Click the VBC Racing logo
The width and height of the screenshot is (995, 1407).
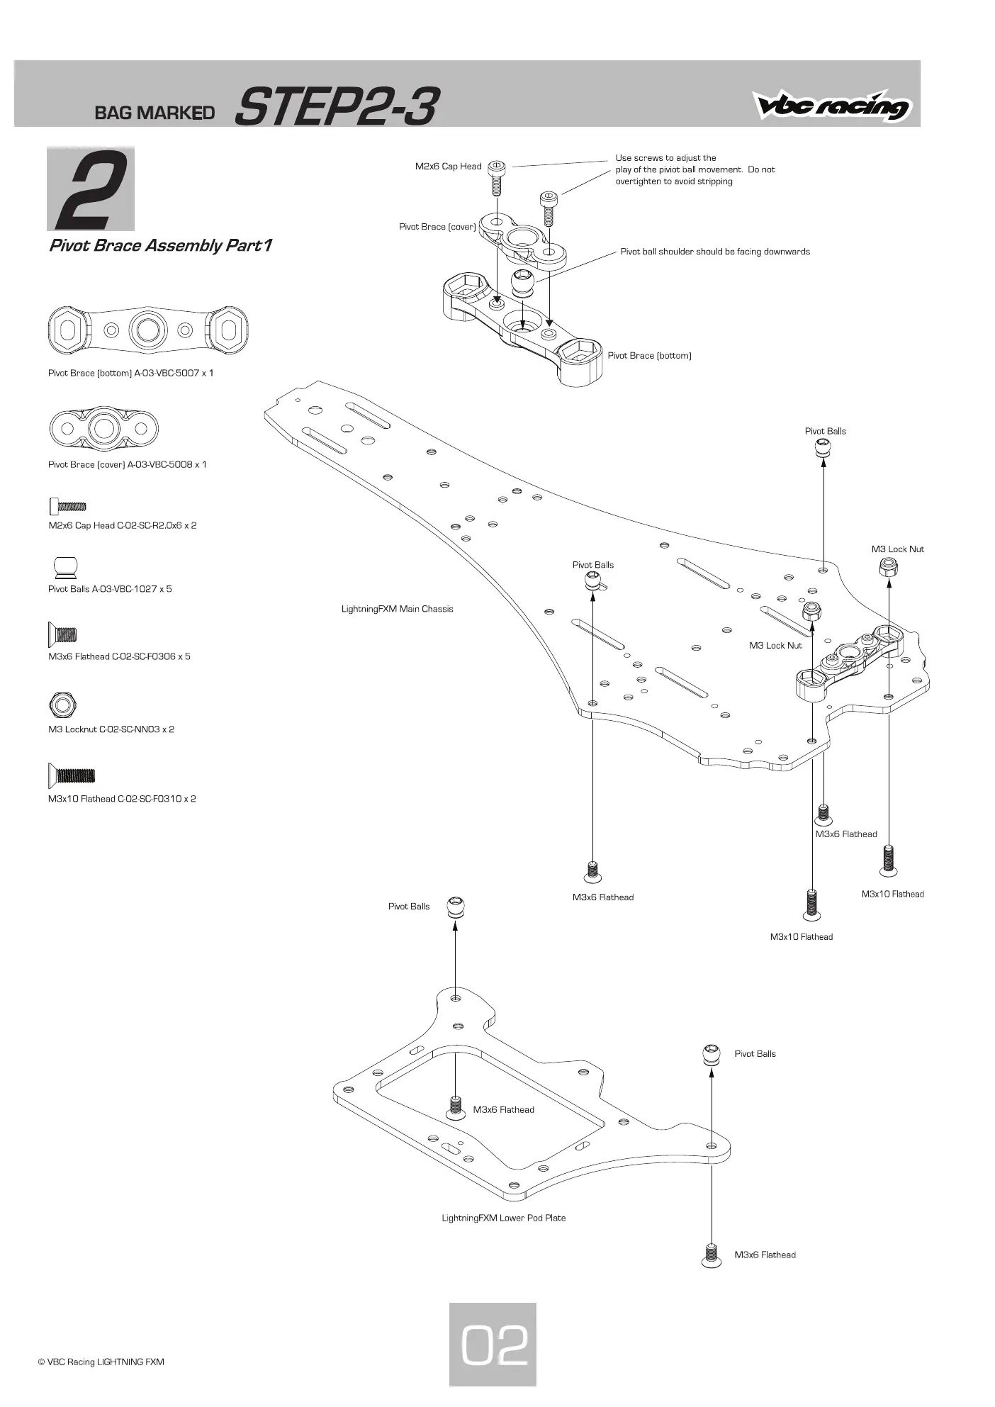click(833, 106)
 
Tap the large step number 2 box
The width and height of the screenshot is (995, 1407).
click(91, 189)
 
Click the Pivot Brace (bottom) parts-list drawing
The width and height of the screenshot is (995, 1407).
click(148, 330)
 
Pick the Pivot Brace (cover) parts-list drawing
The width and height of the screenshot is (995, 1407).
click(104, 428)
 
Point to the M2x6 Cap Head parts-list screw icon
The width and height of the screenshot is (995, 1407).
click(68, 506)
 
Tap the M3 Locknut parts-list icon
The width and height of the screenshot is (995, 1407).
click(62, 705)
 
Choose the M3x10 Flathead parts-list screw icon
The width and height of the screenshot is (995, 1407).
click(71, 775)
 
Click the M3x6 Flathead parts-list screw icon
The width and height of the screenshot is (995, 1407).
click(62, 634)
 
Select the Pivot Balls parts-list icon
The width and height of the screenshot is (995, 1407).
click(64, 568)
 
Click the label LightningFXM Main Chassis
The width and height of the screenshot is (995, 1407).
click(397, 609)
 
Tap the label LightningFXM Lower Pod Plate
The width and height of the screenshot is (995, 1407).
click(503, 1218)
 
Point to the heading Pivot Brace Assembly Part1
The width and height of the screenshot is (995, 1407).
click(160, 245)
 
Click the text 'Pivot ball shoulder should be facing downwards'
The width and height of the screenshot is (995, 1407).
click(715, 252)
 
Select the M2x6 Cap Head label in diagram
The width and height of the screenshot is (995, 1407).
click(448, 167)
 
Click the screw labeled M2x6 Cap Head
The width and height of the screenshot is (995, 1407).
click(497, 177)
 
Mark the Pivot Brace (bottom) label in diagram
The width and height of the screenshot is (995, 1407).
click(649, 356)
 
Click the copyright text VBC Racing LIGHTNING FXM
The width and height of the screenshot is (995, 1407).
click(101, 1362)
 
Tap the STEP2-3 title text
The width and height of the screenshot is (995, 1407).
click(336, 107)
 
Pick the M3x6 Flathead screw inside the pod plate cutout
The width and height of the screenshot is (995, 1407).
click(455, 1106)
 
